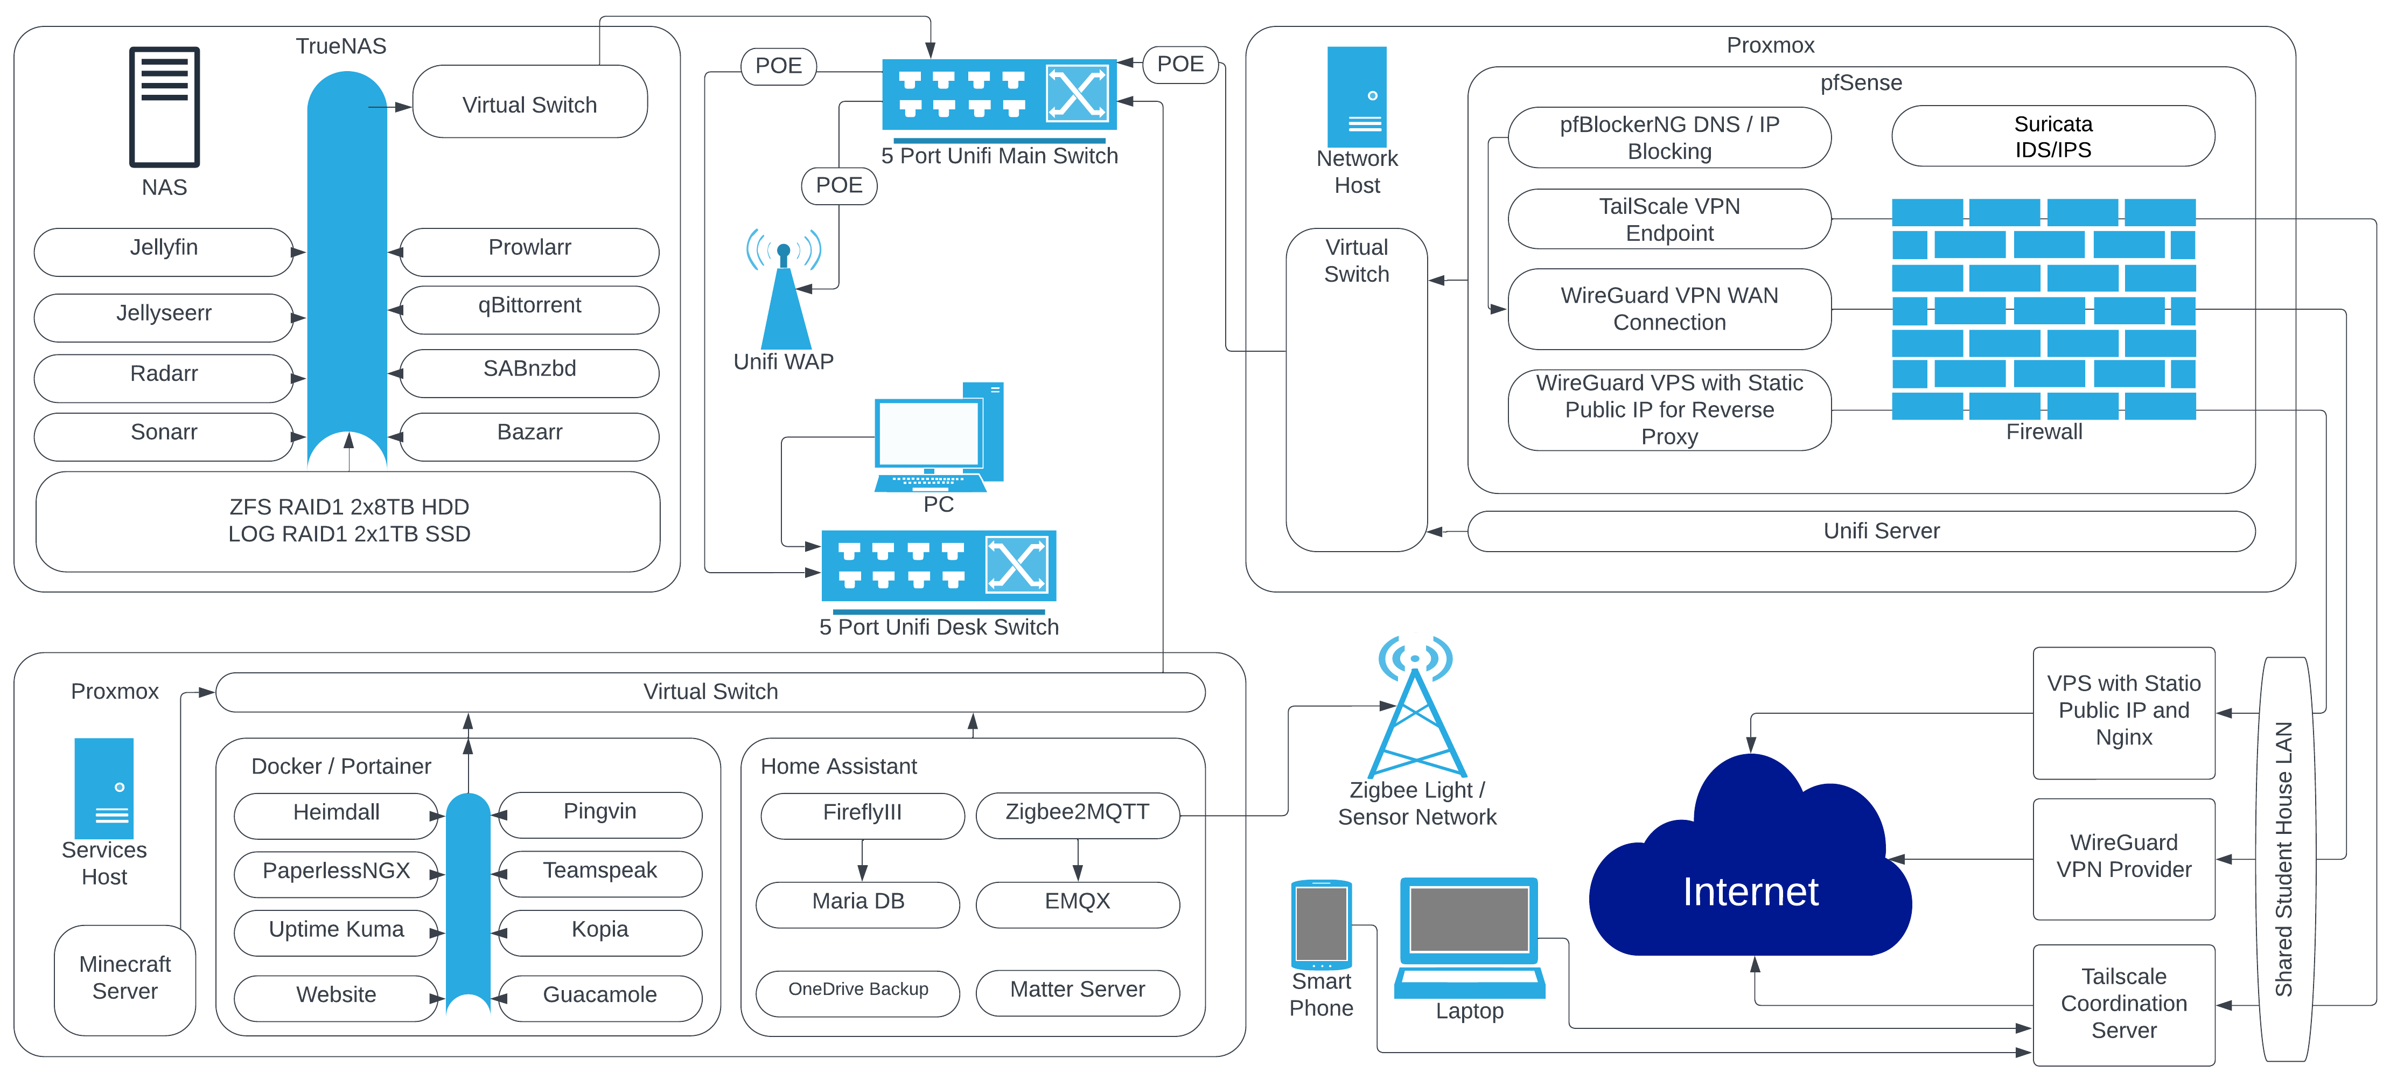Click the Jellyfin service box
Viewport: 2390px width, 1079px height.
click(163, 250)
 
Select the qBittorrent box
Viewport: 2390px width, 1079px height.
click(529, 308)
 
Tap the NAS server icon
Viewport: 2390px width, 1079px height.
click(164, 107)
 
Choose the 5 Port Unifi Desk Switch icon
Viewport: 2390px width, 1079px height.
click(938, 566)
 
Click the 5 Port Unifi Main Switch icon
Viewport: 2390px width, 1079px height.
click(998, 95)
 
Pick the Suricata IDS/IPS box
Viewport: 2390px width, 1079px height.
click(2052, 136)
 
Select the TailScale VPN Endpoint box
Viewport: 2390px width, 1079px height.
click(1668, 220)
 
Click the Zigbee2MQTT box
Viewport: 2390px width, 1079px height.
click(1077, 813)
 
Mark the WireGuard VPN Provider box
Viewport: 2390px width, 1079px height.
click(2123, 857)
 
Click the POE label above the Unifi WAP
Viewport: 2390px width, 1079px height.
click(838, 185)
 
